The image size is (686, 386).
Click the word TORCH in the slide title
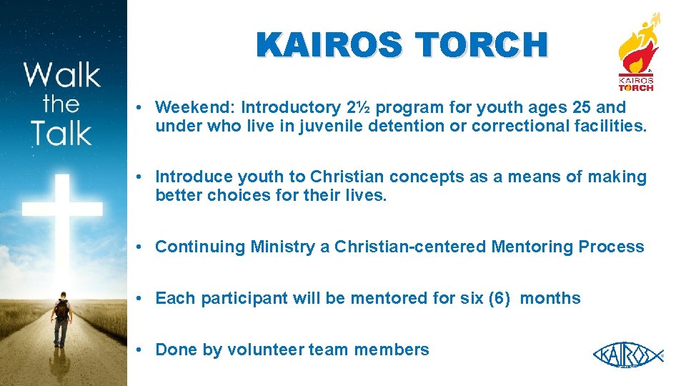(483, 46)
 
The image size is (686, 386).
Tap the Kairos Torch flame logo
(636, 51)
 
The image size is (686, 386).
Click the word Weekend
(194, 107)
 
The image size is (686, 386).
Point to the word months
(550, 298)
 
